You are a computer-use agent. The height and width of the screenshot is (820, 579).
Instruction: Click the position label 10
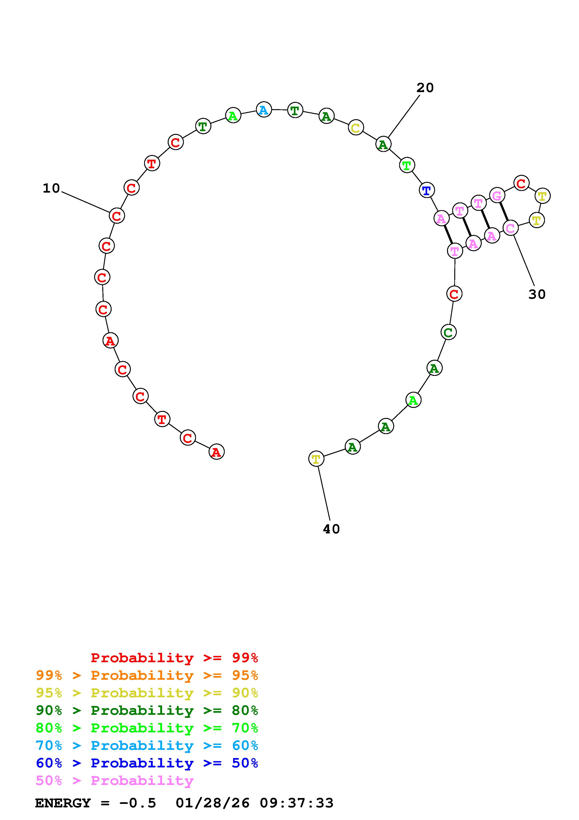pos(51,188)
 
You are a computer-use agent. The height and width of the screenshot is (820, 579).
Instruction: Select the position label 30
pos(537,294)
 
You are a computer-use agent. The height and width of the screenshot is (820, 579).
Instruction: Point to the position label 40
pos(331,529)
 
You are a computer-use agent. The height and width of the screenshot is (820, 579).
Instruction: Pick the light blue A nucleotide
pos(264,110)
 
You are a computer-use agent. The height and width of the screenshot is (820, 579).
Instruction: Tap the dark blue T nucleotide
pos(427,190)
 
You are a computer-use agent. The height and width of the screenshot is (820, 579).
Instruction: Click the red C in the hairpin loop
pos(521,183)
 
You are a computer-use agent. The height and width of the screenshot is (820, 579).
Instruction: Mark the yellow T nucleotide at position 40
pos(316,459)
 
